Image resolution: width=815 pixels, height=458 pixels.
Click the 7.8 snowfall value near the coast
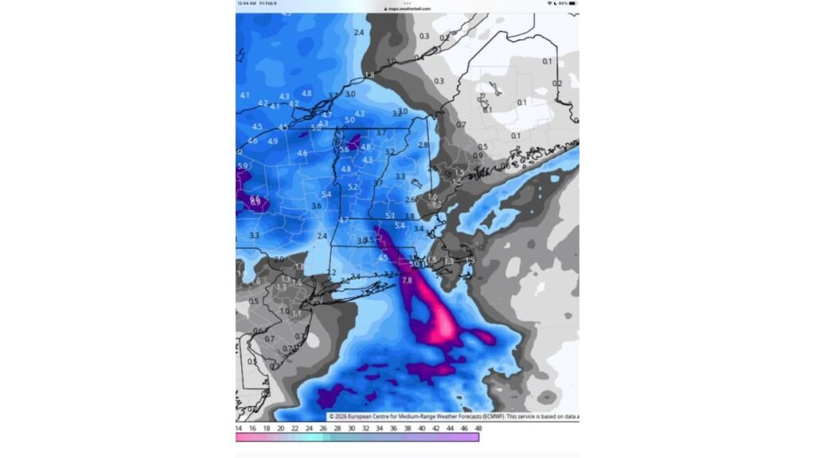407,281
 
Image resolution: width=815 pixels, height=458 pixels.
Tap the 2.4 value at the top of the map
359,33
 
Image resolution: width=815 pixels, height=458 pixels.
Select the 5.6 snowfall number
344,149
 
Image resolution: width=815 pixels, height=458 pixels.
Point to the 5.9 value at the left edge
243,166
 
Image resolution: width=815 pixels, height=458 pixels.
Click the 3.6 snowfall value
316,206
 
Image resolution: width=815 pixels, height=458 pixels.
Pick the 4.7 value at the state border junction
344,220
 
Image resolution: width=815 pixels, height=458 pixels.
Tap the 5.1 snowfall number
390,215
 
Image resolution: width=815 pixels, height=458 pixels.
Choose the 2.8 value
423,146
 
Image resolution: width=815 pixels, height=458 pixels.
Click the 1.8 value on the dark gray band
369,75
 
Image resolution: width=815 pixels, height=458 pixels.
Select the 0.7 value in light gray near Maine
461,125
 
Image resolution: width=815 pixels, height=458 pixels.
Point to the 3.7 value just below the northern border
380,133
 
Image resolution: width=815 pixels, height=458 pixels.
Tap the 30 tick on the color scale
351,429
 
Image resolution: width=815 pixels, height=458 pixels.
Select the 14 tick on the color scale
239,429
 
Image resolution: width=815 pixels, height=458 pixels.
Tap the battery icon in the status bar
571,3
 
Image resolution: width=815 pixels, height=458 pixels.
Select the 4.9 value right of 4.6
273,142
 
